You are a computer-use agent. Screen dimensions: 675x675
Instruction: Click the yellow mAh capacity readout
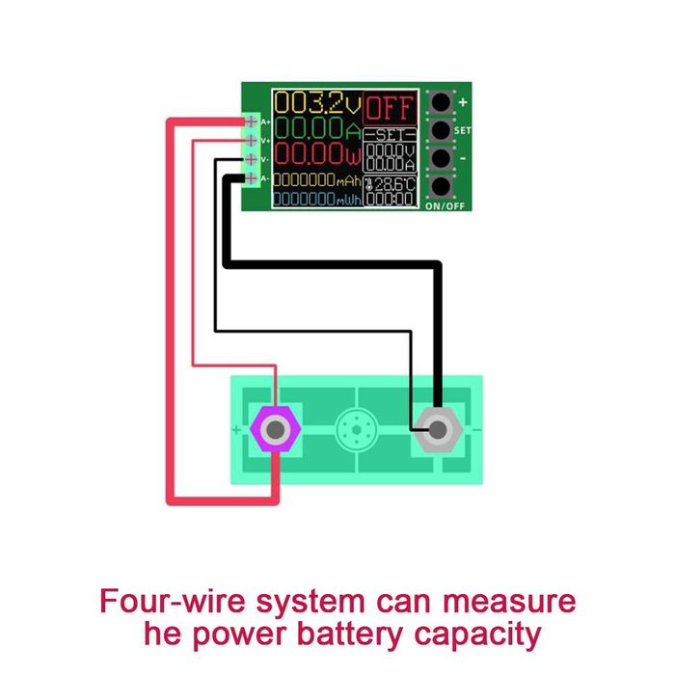pyautogui.click(x=316, y=180)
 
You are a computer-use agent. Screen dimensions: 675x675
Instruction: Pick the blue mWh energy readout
pyautogui.click(x=316, y=200)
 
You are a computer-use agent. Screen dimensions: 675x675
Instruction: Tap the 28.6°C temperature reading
pyautogui.click(x=393, y=183)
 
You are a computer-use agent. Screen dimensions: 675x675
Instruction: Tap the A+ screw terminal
pyautogui.click(x=252, y=121)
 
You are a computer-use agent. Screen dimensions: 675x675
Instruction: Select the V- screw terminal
pyautogui.click(x=252, y=159)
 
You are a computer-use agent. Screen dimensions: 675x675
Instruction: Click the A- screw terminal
pyautogui.click(x=252, y=178)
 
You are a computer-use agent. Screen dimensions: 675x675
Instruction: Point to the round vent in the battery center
pyautogui.click(x=357, y=428)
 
